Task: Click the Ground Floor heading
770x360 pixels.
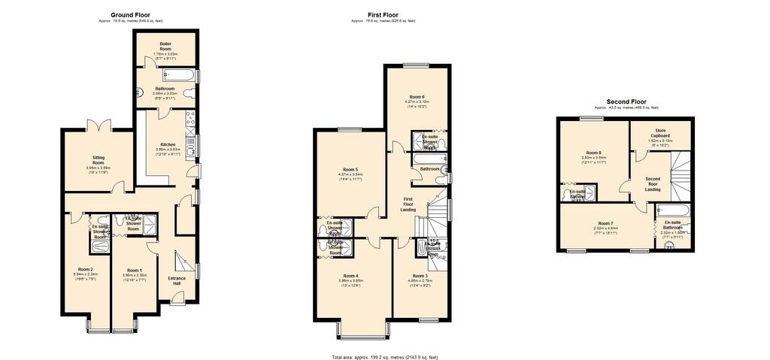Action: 130,14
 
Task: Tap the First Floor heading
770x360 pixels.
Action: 383,14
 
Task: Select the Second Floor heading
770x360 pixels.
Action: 626,101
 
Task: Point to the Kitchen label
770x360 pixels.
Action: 168,144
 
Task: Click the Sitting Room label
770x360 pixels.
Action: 98,160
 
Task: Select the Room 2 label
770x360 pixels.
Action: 85,269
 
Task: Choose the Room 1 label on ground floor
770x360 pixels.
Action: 134,270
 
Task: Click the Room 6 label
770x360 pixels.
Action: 417,97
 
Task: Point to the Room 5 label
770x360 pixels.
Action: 350,169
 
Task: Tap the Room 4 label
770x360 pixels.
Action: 350,276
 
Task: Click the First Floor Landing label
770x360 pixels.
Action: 408,203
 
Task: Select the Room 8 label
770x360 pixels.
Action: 594,153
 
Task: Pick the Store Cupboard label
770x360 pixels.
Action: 660,134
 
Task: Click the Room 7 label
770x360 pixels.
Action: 605,223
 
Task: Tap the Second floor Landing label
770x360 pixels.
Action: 653,183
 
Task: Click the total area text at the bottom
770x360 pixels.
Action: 384,357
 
